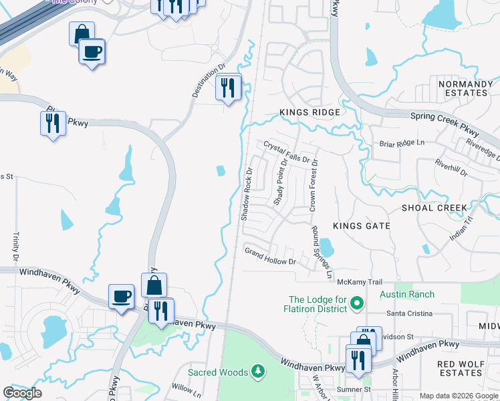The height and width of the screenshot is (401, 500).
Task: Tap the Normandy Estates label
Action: tap(465, 88)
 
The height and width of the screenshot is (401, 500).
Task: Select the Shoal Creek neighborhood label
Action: tap(434, 208)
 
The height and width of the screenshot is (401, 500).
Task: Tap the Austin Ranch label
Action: tap(406, 294)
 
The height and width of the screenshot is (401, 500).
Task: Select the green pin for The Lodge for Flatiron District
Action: tap(356, 304)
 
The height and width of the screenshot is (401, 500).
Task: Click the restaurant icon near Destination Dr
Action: tap(228, 87)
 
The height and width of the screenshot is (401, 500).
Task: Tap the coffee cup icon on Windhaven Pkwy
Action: tap(122, 296)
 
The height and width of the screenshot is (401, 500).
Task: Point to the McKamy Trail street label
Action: tap(359, 281)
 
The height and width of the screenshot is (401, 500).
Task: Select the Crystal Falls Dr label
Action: tap(287, 152)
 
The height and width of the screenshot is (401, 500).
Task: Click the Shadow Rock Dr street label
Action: tap(246, 194)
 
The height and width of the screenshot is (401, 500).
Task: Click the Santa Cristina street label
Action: tap(410, 313)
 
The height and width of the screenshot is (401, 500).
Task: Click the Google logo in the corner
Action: tap(22, 393)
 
